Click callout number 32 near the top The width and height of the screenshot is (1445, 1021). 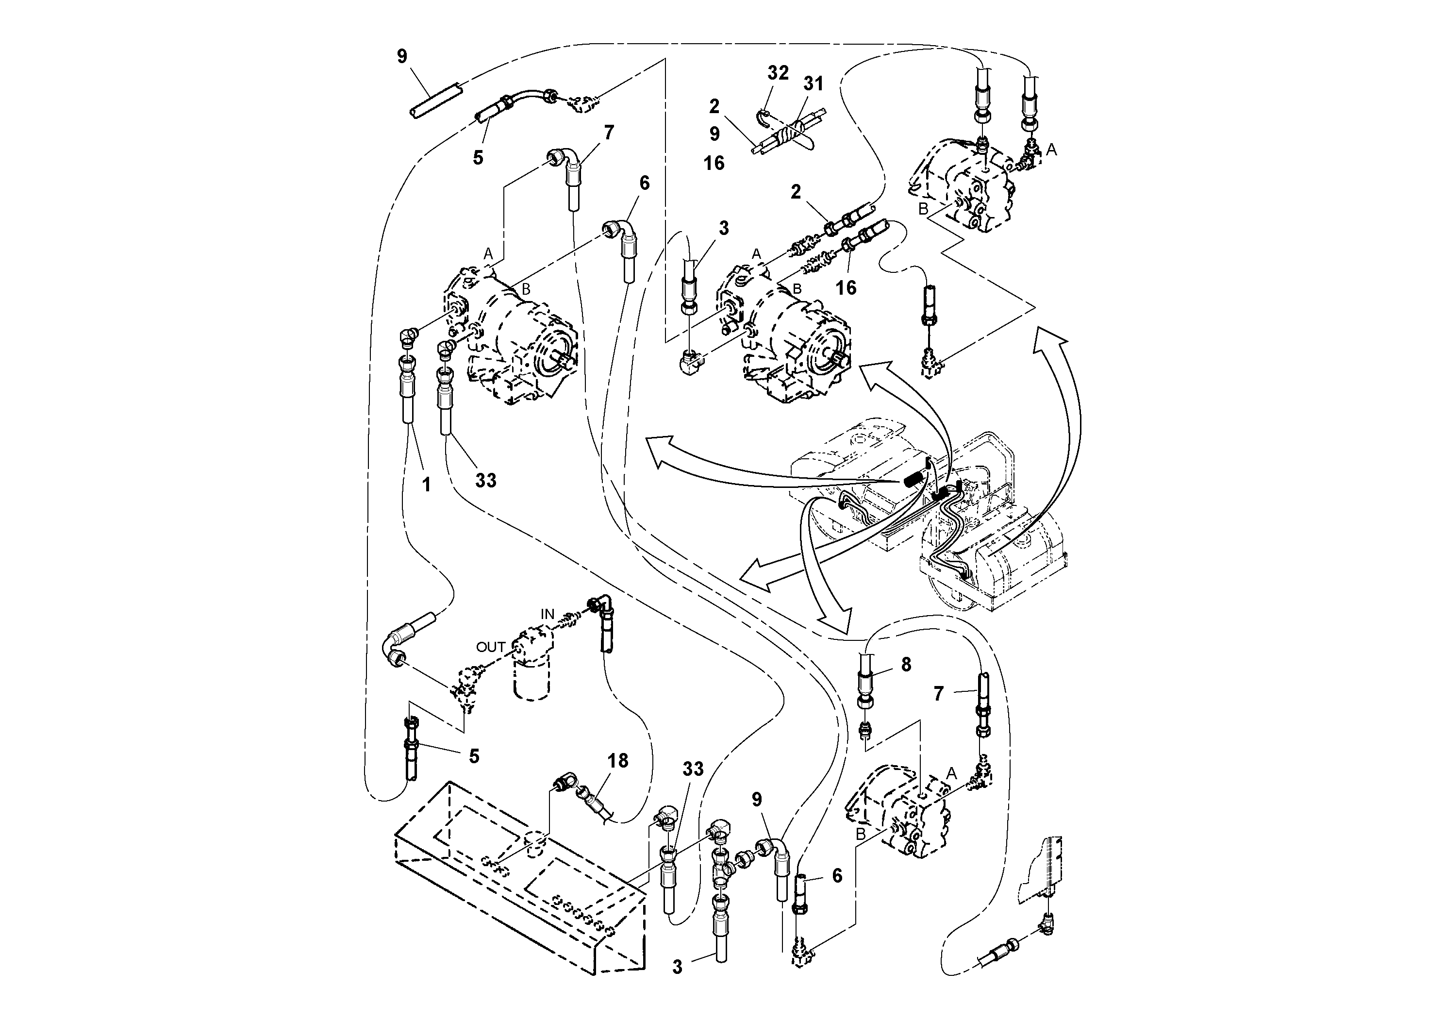tap(778, 73)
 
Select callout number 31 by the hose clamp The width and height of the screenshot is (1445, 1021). tap(813, 84)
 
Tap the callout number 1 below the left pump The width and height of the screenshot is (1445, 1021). tap(426, 484)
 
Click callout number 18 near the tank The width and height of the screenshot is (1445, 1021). tap(617, 761)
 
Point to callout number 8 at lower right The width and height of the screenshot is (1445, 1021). tap(906, 665)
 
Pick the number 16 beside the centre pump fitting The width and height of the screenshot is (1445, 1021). tap(846, 288)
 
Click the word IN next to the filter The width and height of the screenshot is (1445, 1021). tap(548, 614)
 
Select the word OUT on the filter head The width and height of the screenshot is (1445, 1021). tap(490, 647)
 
